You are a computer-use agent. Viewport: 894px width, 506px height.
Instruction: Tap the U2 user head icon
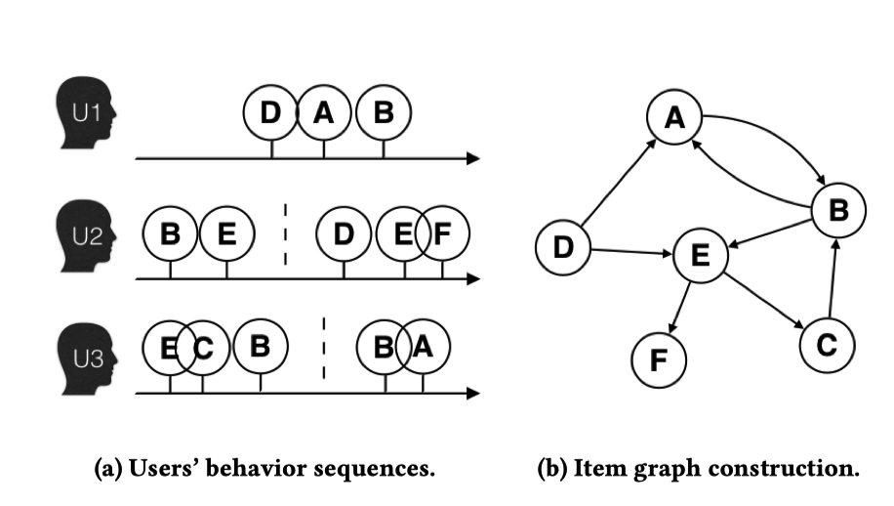click(86, 234)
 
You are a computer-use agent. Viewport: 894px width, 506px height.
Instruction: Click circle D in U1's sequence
click(270, 113)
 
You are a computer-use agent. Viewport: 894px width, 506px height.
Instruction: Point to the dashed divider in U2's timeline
click(286, 234)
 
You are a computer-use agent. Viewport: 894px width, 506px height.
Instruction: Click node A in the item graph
click(673, 118)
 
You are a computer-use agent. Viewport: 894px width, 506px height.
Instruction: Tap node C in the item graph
click(827, 343)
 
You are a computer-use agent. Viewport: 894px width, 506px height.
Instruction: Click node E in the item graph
click(700, 257)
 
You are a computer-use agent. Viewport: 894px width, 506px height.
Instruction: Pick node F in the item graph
click(659, 359)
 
